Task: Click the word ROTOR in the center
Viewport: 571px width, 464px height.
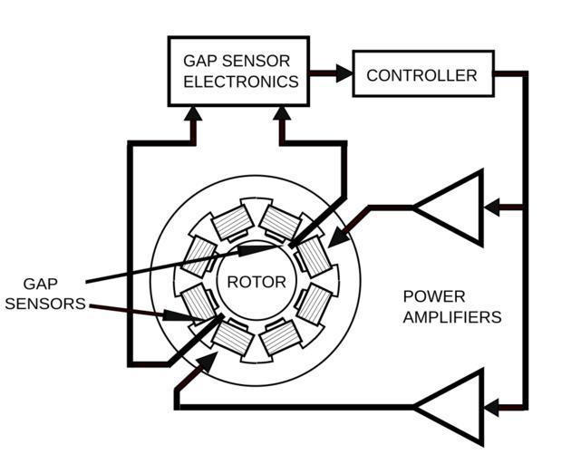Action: (256, 282)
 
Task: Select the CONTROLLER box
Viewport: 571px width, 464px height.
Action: (421, 75)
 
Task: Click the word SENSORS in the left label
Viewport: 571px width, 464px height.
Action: (44, 304)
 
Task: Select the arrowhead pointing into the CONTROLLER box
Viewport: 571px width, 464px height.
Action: (344, 74)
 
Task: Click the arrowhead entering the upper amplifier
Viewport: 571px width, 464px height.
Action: (492, 208)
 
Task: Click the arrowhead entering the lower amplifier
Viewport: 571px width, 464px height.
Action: (492, 408)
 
